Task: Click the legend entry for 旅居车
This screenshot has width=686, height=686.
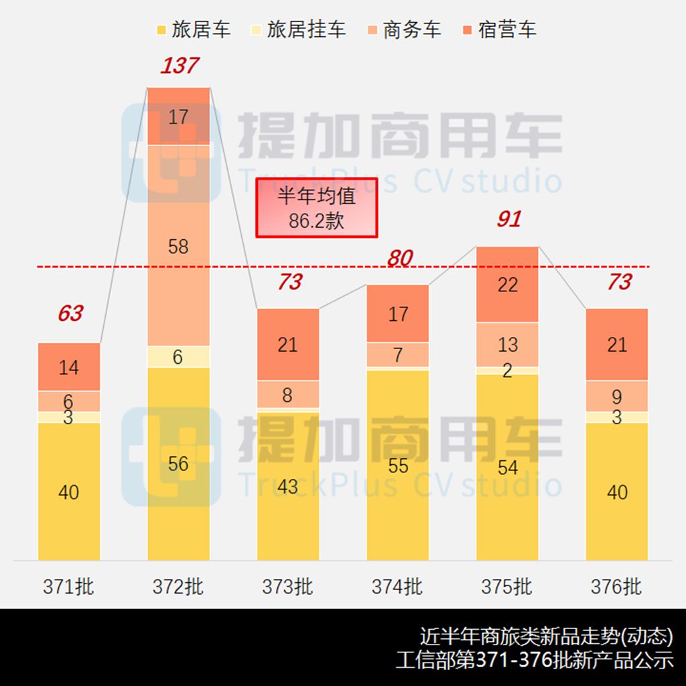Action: click(193, 29)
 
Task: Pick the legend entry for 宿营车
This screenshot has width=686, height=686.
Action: click(498, 29)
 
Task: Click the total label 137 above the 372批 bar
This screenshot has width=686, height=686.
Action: click(179, 66)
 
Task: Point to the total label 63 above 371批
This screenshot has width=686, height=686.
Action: click(70, 313)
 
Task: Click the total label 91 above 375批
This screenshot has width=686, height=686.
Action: click(508, 219)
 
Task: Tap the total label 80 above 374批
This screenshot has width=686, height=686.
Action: click(399, 258)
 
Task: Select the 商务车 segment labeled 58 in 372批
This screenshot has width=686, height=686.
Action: click(178, 246)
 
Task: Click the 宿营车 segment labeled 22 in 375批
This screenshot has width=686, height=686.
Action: click(508, 285)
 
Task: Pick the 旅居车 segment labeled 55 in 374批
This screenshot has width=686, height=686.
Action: click(398, 465)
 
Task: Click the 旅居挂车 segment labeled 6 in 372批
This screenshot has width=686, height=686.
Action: click(178, 356)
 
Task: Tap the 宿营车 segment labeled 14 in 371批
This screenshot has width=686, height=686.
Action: click(69, 367)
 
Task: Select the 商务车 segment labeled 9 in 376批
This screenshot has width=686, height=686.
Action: click(617, 397)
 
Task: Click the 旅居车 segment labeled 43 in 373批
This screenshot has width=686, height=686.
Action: click(288, 486)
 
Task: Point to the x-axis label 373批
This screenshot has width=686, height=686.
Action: click(288, 587)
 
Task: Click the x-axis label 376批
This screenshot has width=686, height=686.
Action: click(616, 587)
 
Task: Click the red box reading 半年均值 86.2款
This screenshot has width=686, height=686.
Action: click(317, 208)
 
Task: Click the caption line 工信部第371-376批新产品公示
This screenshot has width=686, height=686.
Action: click(534, 660)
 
